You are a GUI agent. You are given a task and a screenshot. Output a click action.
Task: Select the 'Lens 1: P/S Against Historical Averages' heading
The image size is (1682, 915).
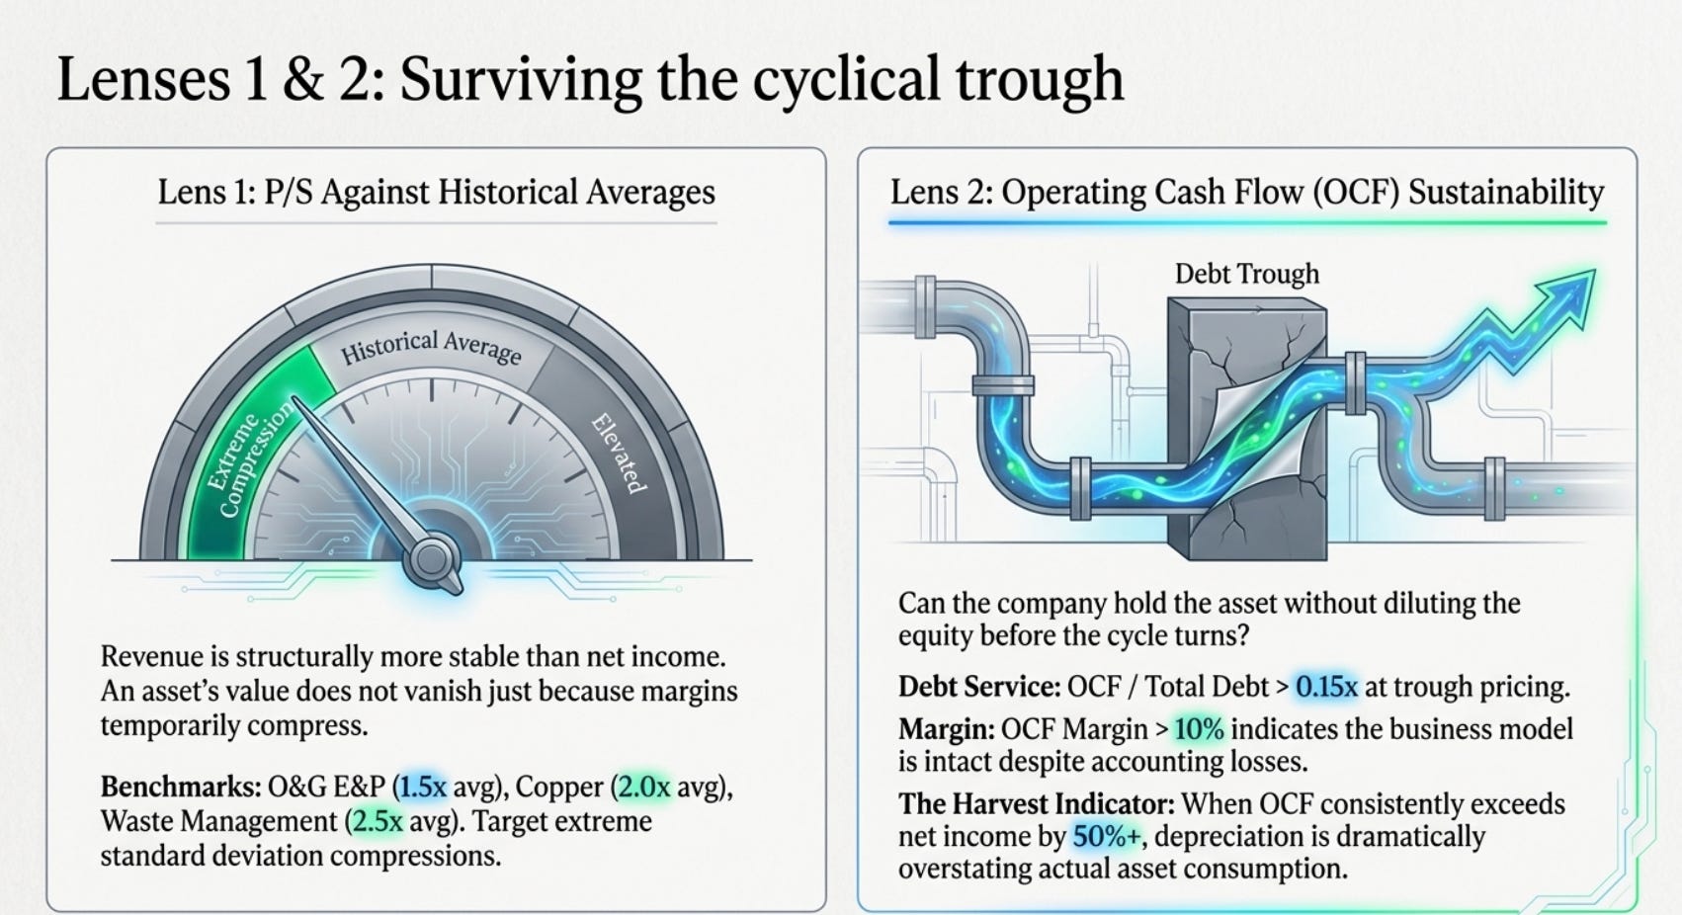click(x=436, y=192)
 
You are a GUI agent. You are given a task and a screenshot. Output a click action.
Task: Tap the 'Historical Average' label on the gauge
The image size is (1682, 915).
click(x=431, y=347)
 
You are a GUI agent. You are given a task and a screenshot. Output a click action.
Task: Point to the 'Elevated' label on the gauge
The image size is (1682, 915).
click(x=618, y=454)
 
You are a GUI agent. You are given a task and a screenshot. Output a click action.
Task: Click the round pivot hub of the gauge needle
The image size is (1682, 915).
click(x=431, y=558)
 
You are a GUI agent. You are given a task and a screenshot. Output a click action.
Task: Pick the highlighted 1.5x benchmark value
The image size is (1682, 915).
click(x=423, y=787)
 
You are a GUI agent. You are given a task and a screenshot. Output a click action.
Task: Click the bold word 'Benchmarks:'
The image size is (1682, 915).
click(x=181, y=787)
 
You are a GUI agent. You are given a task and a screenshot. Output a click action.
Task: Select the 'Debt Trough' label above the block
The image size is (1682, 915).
click(x=1246, y=274)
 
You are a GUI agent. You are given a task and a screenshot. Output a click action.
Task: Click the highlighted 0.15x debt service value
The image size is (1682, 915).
click(x=1327, y=687)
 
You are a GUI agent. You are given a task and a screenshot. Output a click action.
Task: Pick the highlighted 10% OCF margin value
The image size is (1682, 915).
click(x=1199, y=729)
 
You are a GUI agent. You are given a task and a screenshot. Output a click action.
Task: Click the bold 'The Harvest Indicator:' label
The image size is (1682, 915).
click(x=1037, y=804)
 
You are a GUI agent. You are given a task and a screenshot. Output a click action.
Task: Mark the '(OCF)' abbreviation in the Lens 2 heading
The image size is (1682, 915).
click(x=1357, y=192)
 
